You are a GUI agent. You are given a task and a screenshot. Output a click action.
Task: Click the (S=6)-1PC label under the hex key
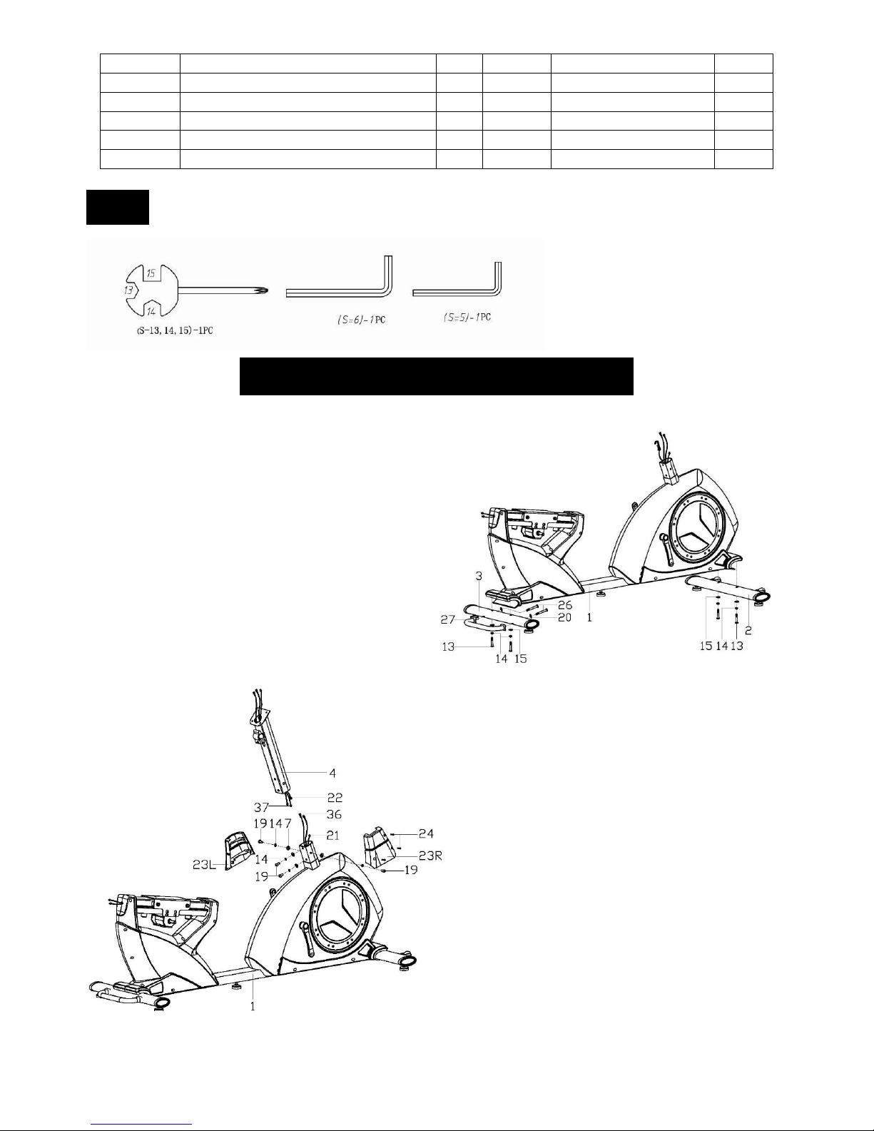click(361, 320)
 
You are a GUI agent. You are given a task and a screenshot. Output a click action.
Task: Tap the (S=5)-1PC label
click(467, 317)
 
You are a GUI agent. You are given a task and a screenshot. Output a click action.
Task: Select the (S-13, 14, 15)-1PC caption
click(175, 330)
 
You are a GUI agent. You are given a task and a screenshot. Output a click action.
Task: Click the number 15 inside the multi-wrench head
click(151, 273)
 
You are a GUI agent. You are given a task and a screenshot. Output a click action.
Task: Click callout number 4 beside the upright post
click(332, 773)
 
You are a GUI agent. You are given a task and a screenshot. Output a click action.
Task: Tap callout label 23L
click(204, 865)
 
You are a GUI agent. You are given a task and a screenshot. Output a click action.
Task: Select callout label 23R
click(430, 855)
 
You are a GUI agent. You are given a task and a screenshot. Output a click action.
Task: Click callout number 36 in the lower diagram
click(333, 814)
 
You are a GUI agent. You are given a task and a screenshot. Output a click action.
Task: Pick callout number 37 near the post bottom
click(261, 807)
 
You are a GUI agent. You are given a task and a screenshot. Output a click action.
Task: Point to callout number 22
click(335, 797)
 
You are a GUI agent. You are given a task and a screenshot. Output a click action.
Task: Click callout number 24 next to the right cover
click(426, 834)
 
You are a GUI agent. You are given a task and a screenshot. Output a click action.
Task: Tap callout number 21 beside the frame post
click(332, 836)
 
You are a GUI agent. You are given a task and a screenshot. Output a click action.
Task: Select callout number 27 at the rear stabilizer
click(448, 619)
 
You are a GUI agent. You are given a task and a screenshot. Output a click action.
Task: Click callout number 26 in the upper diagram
click(564, 605)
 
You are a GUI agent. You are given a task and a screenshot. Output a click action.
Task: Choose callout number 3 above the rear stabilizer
click(479, 576)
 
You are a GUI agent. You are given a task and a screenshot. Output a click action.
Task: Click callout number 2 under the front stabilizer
click(748, 630)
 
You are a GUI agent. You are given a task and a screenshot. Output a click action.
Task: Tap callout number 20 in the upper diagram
click(564, 617)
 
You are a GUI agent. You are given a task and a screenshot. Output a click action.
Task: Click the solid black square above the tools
click(118, 207)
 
